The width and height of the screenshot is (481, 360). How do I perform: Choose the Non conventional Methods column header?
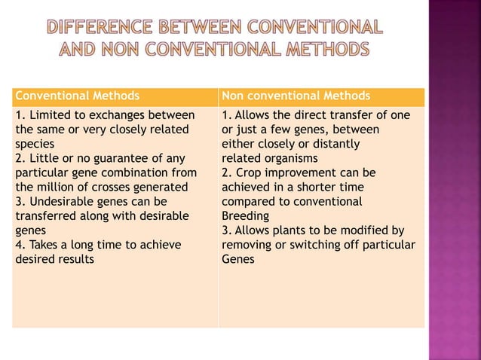[296, 96]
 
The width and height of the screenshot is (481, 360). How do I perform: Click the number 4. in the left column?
[20, 245]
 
